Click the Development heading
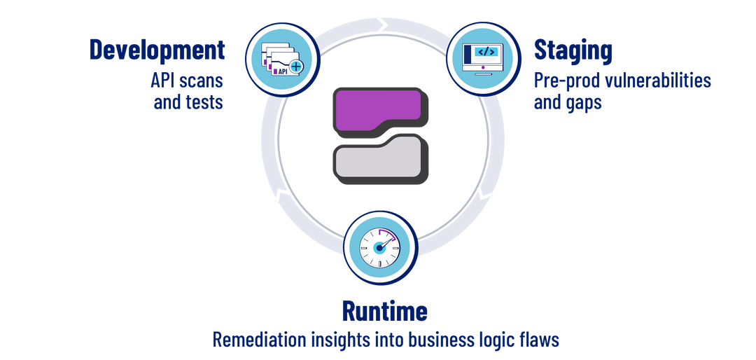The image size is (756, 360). coord(157,50)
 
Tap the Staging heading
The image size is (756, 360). coord(573,50)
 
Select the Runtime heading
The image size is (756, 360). coord(384,310)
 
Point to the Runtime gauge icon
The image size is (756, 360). coord(379,246)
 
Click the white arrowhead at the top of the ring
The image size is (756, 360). coord(382,26)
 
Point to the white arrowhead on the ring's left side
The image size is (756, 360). coord(281,195)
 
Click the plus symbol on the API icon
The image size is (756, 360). coord(296,68)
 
